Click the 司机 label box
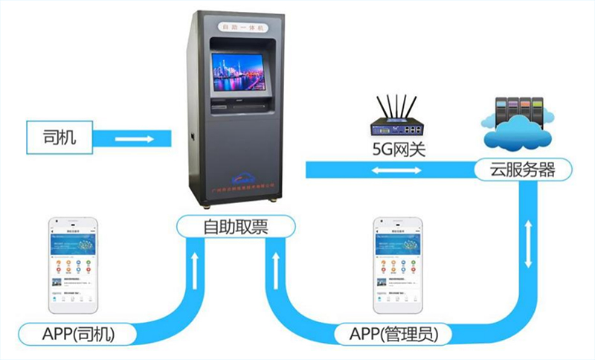(57, 137)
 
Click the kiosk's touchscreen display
(238, 73)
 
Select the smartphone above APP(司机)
(72, 264)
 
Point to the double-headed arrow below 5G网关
(390, 171)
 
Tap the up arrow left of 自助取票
(196, 269)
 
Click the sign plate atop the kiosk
(237, 25)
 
